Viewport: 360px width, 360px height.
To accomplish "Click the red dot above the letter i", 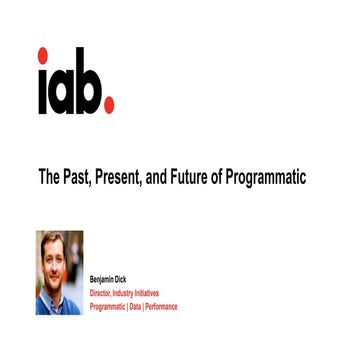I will click(42, 55).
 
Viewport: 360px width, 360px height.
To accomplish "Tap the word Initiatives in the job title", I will click(146, 294).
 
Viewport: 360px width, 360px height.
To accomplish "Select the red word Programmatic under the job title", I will click(107, 306).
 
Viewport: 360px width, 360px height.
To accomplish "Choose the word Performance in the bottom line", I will click(161, 306).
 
